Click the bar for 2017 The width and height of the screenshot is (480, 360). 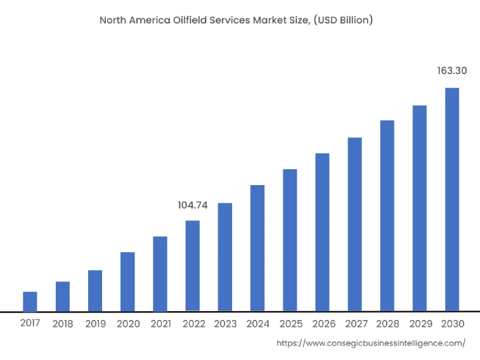(30, 302)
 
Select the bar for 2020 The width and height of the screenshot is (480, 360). (127, 282)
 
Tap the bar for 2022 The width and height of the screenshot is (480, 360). (193, 266)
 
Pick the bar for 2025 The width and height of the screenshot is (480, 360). (290, 240)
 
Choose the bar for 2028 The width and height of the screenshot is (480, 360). (387, 216)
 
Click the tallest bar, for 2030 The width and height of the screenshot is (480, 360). (452, 200)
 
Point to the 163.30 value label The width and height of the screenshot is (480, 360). (452, 71)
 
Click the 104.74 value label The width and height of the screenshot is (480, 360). (193, 205)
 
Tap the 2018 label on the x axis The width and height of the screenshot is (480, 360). (63, 324)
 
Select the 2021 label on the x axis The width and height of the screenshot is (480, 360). (160, 324)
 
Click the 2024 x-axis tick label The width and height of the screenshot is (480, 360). (257, 324)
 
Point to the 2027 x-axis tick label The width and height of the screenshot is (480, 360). (355, 324)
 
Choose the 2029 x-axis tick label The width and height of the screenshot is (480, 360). (420, 324)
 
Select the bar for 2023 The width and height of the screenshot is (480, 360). (225, 257)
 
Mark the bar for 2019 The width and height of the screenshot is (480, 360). (95, 291)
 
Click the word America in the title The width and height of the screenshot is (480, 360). (150, 20)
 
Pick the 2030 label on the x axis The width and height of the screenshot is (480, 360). (452, 324)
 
